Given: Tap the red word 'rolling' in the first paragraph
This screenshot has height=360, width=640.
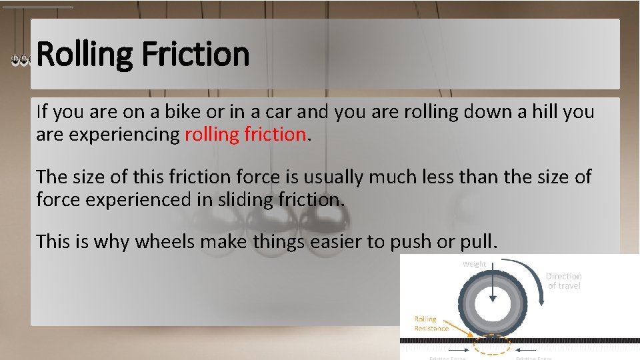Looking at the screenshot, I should click(211, 134).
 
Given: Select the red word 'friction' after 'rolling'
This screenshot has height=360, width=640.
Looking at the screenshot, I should click(275, 134).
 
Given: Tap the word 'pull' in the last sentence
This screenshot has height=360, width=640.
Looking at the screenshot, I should click(478, 241).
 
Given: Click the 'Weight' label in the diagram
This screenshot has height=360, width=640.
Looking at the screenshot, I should click(475, 265).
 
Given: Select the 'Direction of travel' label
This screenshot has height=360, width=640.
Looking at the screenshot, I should click(564, 281).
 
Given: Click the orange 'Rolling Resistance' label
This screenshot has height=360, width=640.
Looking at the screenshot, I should click(431, 323).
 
